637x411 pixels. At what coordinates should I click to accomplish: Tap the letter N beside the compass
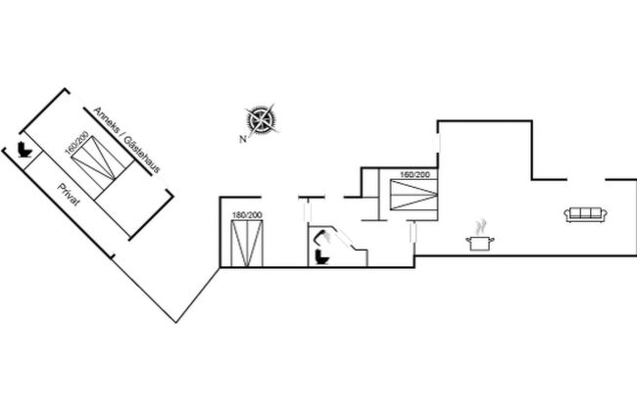pyautogui.click(x=243, y=139)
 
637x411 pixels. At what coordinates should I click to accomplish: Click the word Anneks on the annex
pyautogui.click(x=107, y=119)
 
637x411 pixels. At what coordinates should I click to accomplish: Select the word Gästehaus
pyautogui.click(x=142, y=155)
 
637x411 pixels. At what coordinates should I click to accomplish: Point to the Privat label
pyautogui.click(x=69, y=195)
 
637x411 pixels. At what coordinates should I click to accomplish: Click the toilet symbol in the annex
pyautogui.click(x=24, y=149)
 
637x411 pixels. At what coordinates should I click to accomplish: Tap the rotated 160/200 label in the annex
pyautogui.click(x=76, y=143)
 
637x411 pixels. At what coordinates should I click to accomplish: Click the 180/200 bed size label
pyautogui.click(x=247, y=215)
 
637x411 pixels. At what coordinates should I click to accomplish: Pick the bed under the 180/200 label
pyautogui.click(x=247, y=244)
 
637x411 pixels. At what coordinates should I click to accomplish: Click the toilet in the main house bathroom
pyautogui.click(x=322, y=257)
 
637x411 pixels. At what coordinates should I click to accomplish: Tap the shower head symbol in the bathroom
pyautogui.click(x=323, y=237)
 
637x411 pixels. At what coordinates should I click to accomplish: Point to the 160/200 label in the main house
pyautogui.click(x=415, y=175)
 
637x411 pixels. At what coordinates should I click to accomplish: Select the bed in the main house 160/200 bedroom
pyautogui.click(x=414, y=195)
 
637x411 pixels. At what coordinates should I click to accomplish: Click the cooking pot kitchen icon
pyautogui.click(x=480, y=243)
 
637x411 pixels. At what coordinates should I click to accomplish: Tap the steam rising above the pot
pyautogui.click(x=480, y=227)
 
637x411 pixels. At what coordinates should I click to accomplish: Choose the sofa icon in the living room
pyautogui.click(x=585, y=214)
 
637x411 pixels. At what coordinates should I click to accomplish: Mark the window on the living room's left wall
pyautogui.click(x=437, y=143)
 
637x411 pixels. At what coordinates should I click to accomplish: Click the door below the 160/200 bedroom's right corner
pyautogui.click(x=414, y=233)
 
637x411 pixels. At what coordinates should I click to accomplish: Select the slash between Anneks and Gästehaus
pyautogui.click(x=122, y=135)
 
